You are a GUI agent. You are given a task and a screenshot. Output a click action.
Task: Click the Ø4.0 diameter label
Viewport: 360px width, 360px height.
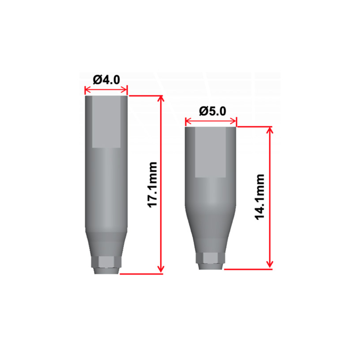click(106, 79)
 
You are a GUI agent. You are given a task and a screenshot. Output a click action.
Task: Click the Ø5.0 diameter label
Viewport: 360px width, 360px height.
click(213, 111)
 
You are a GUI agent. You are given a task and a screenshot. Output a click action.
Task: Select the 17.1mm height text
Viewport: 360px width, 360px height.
click(153, 184)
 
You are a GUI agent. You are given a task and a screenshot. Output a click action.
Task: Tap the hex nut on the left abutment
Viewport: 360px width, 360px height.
click(106, 262)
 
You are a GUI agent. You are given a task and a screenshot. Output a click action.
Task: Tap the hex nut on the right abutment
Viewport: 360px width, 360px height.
click(211, 258)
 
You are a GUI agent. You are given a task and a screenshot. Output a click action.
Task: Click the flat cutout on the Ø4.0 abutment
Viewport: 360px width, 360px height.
click(106, 122)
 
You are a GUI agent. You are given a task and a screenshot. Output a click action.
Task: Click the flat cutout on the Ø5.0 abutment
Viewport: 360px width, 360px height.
click(211, 153)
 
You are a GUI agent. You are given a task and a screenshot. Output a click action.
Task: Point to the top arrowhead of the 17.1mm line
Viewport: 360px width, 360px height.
click(161, 98)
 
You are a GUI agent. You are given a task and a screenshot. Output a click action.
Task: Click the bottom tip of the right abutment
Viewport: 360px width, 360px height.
click(211, 267)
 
